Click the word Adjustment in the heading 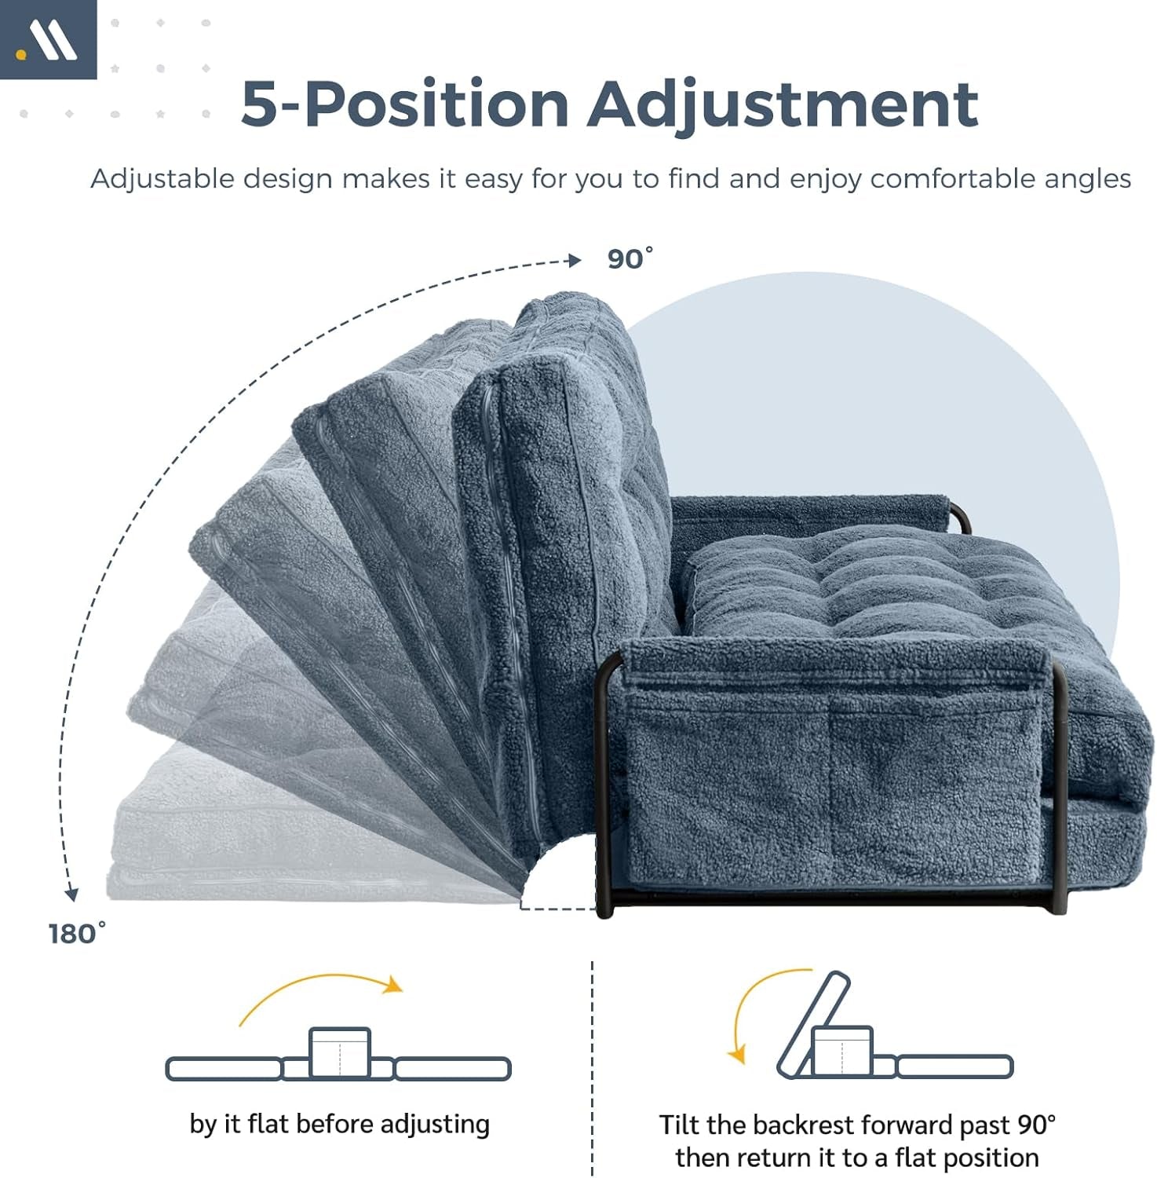783,104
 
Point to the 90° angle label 630,258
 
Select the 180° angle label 76,934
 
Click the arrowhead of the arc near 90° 575,261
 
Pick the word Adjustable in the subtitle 162,179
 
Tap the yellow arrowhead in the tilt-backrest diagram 736,1055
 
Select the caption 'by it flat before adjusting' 339,1125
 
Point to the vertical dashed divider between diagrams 592,1068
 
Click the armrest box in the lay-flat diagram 340,1052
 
